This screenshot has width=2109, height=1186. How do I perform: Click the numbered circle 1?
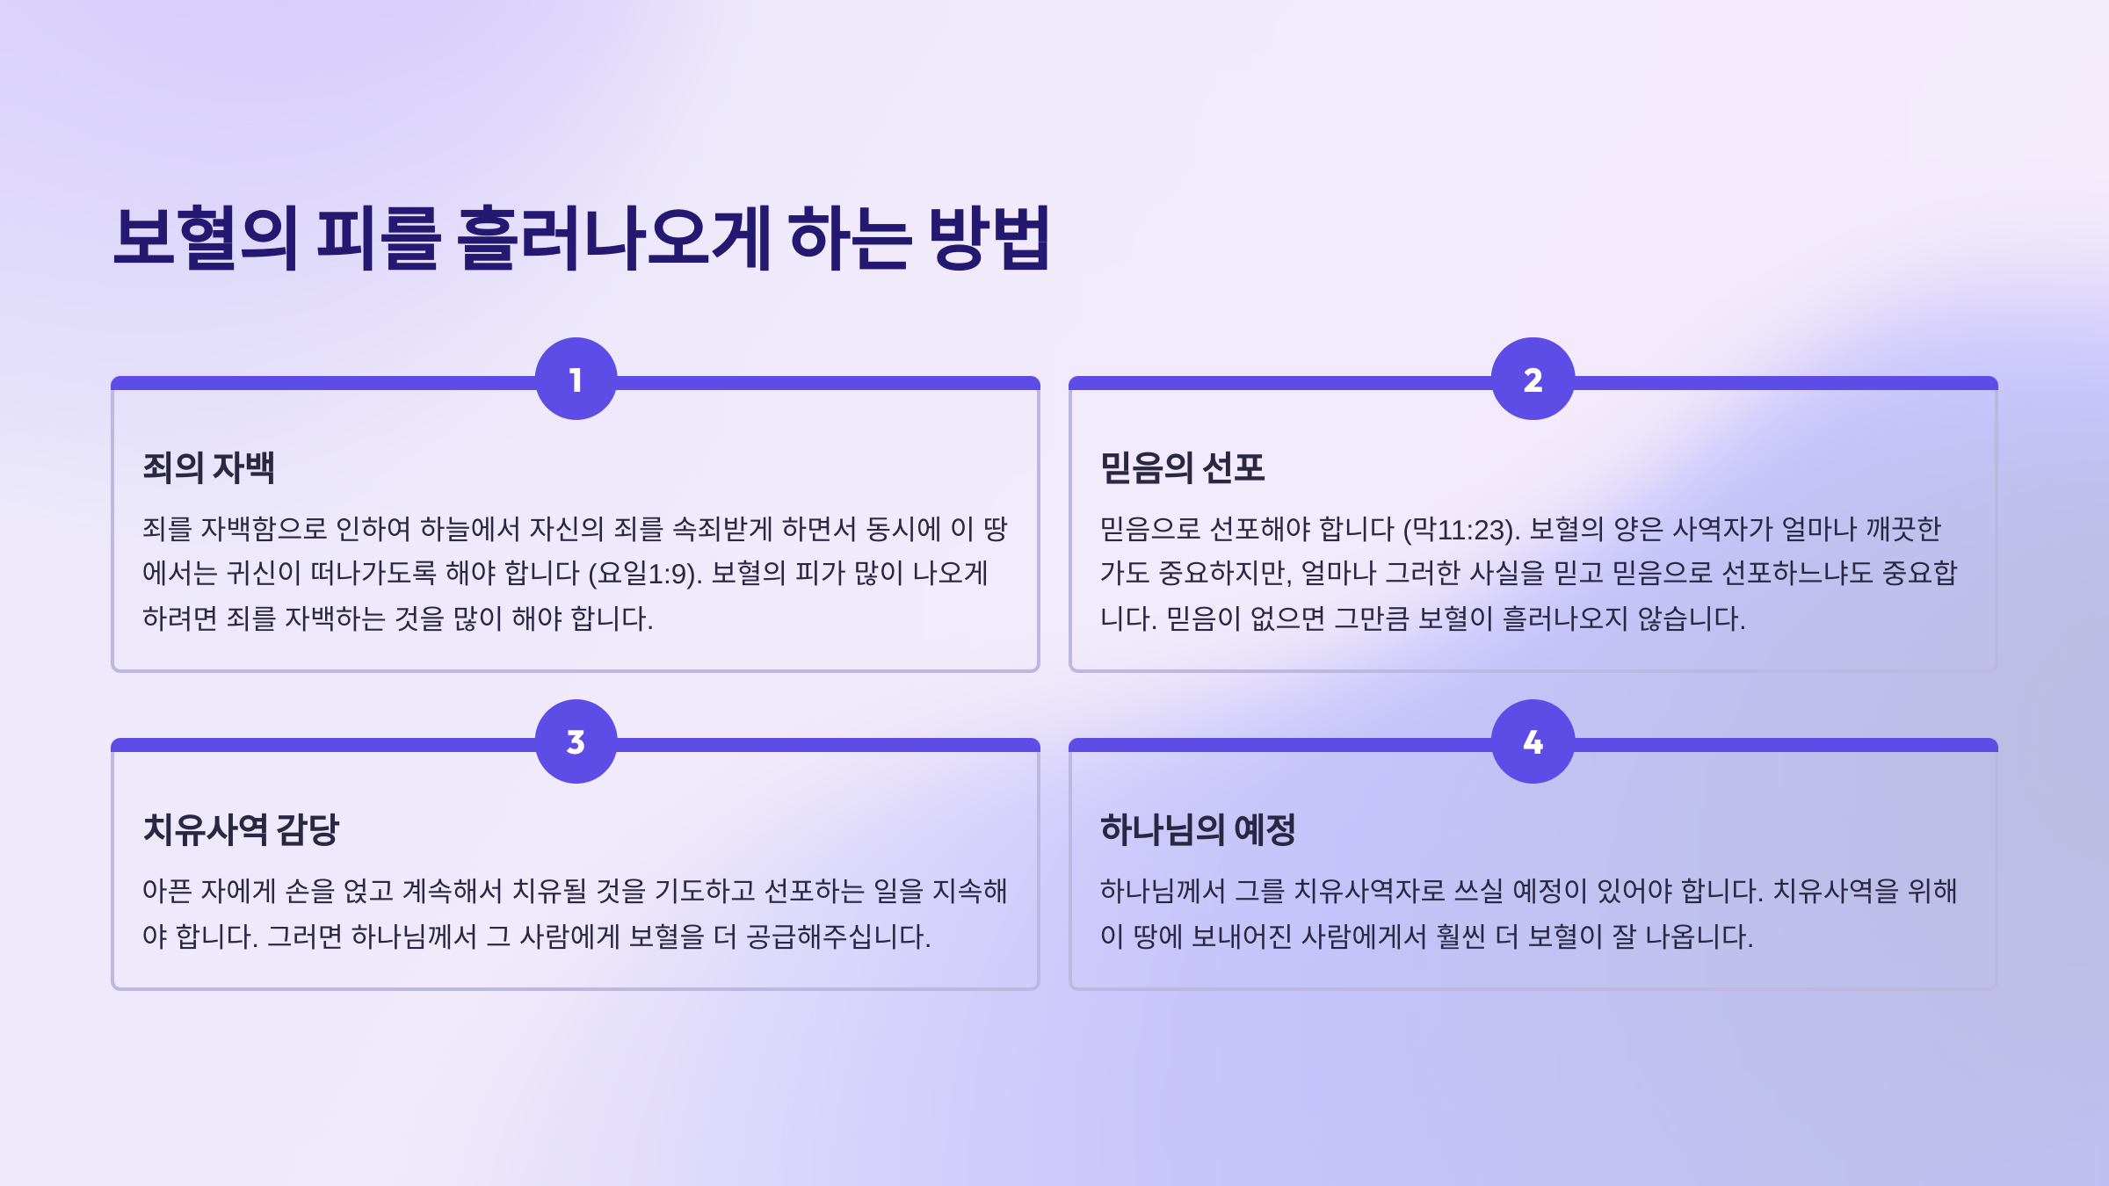576,379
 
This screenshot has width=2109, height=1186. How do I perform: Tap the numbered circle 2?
1533,379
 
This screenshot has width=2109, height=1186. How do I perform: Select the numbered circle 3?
576,741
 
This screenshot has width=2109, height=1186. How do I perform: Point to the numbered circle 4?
1533,741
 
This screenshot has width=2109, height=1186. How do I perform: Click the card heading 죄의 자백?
209,467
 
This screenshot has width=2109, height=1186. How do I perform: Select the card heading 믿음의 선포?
1183,467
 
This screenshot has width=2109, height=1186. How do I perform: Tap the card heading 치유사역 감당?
241,829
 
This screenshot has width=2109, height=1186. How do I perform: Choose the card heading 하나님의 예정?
1199,829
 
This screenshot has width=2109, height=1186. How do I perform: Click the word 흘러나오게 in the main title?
613,237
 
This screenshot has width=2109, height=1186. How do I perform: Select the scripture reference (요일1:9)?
645,574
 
